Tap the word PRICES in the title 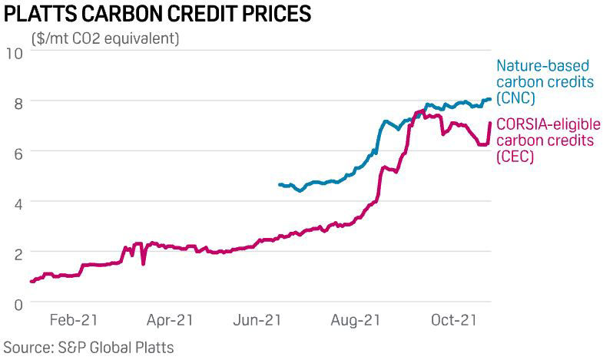pyautogui.click(x=262, y=14)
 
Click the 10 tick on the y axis pyautogui.click(x=15, y=52)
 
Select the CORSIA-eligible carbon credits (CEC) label pyautogui.click(x=548, y=140)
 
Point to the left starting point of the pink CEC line pyautogui.click(x=31, y=282)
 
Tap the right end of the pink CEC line pyautogui.click(x=490, y=123)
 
